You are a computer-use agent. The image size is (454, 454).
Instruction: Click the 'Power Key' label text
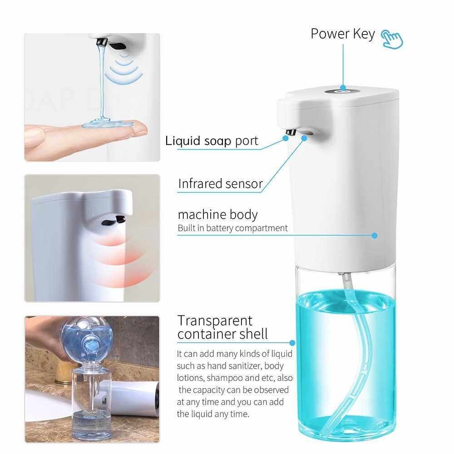tap(342, 35)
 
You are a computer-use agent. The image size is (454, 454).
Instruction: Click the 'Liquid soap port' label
tap(212, 141)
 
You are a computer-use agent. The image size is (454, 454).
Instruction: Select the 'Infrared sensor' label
tap(220, 183)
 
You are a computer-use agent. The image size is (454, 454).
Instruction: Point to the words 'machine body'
tap(218, 215)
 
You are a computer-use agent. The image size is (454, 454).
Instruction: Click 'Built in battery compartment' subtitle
tap(232, 228)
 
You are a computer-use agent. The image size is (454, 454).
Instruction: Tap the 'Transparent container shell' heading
tap(222, 327)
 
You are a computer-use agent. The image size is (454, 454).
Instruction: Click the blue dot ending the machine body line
tap(375, 235)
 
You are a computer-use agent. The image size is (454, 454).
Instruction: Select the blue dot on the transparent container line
tap(292, 343)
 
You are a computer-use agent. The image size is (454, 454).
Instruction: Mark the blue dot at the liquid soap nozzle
tap(286, 138)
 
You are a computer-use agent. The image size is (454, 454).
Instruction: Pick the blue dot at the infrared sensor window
tap(304, 138)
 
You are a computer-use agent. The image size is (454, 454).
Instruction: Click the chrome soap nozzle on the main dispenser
tap(291, 132)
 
